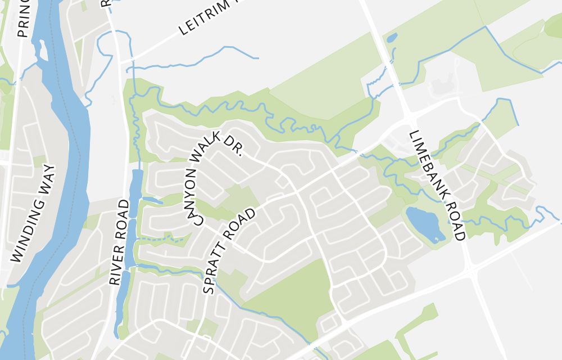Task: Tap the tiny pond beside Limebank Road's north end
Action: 392,38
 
